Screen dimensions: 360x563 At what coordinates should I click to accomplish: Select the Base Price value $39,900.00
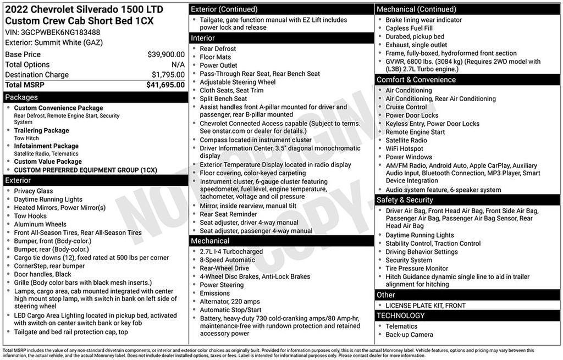point(166,54)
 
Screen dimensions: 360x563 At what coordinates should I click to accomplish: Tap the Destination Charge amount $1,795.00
point(168,75)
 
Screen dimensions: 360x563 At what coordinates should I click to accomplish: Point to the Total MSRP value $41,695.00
point(165,85)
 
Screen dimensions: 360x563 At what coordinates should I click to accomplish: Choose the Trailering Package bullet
point(42,130)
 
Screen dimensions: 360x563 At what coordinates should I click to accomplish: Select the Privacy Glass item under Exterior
point(34,191)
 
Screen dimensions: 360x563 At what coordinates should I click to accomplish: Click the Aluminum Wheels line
point(40,224)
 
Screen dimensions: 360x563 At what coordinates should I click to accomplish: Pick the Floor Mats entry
point(216,57)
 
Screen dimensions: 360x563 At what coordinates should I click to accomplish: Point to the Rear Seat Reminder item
point(228,214)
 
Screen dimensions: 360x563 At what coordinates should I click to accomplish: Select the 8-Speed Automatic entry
point(227,260)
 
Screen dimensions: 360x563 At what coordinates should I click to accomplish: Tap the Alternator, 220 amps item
point(230,302)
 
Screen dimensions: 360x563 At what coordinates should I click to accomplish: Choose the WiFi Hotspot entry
point(404,148)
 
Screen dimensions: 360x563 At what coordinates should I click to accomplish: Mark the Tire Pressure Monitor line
point(417,268)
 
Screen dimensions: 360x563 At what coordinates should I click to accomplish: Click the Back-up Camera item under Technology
point(409,335)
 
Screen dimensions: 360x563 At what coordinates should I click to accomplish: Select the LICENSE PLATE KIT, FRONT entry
point(426,306)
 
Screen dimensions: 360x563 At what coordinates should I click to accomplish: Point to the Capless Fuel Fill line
point(409,28)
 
